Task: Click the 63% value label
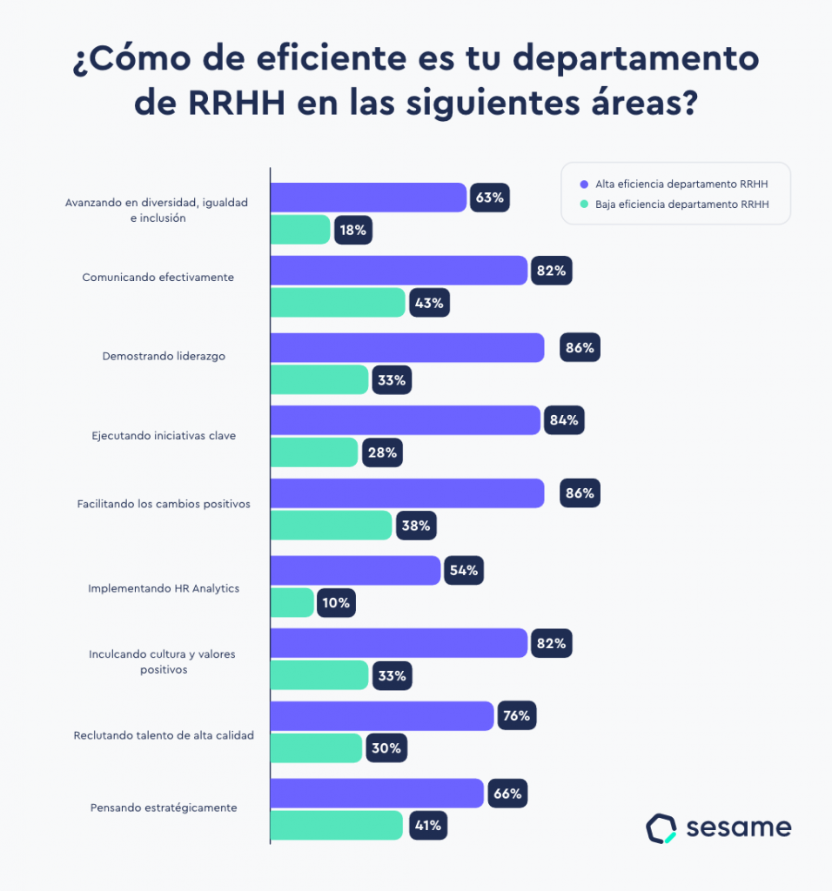[x=489, y=198]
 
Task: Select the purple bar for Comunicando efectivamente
[x=399, y=271]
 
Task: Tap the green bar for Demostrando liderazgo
[x=319, y=380]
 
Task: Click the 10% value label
[x=336, y=603]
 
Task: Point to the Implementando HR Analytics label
[x=164, y=588]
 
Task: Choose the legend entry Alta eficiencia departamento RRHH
[x=681, y=184]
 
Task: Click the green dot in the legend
[x=584, y=205]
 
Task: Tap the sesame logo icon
[x=661, y=828]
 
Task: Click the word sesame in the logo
[x=739, y=827]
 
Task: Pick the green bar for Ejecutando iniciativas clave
[x=314, y=452]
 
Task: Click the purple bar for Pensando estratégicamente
[x=377, y=794]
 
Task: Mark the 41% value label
[x=426, y=826]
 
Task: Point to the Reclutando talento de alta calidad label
[x=164, y=735]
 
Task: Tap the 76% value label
[x=517, y=716]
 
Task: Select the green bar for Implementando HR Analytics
[x=292, y=603]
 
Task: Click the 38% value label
[x=415, y=526]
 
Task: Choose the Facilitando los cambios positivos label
[x=164, y=504]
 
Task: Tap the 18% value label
[x=352, y=231]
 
